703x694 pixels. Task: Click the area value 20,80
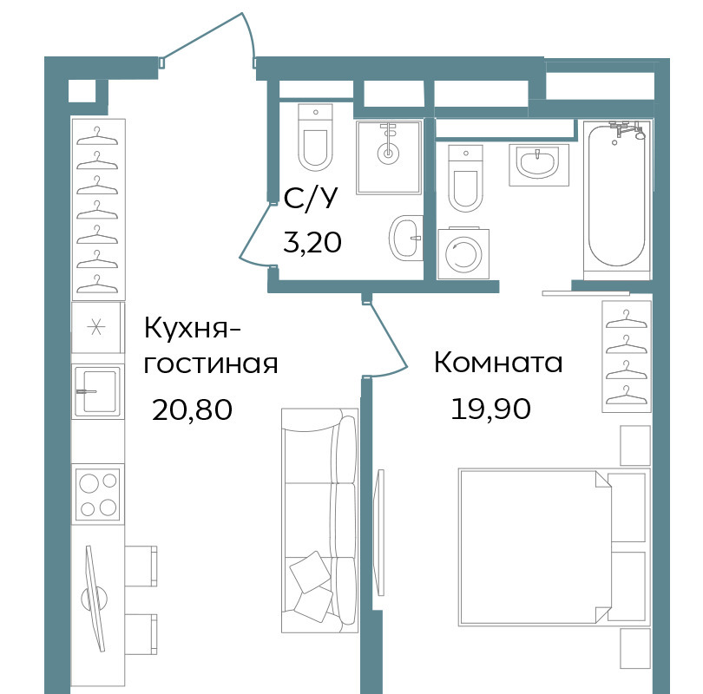coord(193,409)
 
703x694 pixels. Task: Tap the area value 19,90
coord(491,409)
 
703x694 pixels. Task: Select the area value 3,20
coord(312,243)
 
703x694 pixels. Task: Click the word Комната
coord(498,362)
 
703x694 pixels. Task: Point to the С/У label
coord(310,199)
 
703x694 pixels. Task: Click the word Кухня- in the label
coord(193,329)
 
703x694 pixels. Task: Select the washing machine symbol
coord(463,253)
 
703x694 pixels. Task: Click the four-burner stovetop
coord(98,494)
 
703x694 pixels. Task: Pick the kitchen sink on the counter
coord(97,391)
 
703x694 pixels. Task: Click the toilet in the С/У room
coord(316,137)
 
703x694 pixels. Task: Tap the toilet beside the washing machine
coord(465,179)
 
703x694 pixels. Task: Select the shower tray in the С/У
coord(389,157)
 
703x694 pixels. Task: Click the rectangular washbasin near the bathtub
coord(539,165)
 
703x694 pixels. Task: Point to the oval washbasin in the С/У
coord(406,238)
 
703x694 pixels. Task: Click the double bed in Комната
coord(554,547)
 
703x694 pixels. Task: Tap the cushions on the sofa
coord(312,586)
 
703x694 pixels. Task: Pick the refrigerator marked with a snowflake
coord(97,327)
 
